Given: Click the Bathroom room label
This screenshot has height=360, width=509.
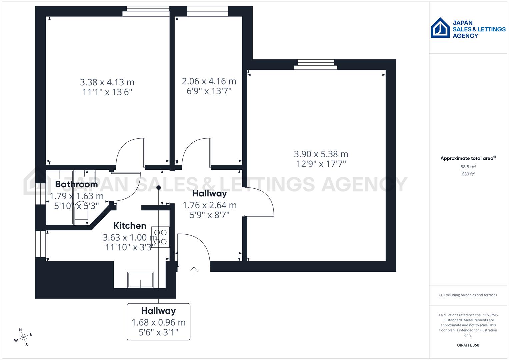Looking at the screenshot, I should pos(76,184).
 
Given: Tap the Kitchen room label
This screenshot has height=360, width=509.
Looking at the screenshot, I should pos(130,226).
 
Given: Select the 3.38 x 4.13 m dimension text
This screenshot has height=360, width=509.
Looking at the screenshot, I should pos(107,82).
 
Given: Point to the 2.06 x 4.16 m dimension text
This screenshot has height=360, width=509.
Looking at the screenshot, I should pos(209,81).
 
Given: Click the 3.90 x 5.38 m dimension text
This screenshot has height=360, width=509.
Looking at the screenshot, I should pos(321,154).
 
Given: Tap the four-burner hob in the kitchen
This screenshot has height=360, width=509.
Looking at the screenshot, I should pos(160,237).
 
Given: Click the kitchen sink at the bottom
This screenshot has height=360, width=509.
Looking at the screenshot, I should pos(141,280).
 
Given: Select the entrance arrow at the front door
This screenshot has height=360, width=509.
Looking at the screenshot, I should pos(194,270).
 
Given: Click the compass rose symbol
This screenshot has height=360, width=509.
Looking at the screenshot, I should pos(23,337).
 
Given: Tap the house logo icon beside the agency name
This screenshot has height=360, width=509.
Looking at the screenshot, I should pos(440,28).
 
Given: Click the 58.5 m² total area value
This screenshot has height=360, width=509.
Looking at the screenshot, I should pos(468,166).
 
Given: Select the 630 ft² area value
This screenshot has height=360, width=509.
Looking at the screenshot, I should pos(468,174).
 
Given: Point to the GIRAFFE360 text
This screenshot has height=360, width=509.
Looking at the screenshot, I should pos(468,345).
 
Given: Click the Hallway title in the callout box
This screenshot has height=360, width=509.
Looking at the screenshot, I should pos(158,311).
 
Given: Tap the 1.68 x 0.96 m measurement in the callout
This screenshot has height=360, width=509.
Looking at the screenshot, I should pos(158,322).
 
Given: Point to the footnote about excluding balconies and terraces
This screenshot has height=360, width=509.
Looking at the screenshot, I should pos(468,295).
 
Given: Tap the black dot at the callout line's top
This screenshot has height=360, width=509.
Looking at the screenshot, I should pos(159,188).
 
